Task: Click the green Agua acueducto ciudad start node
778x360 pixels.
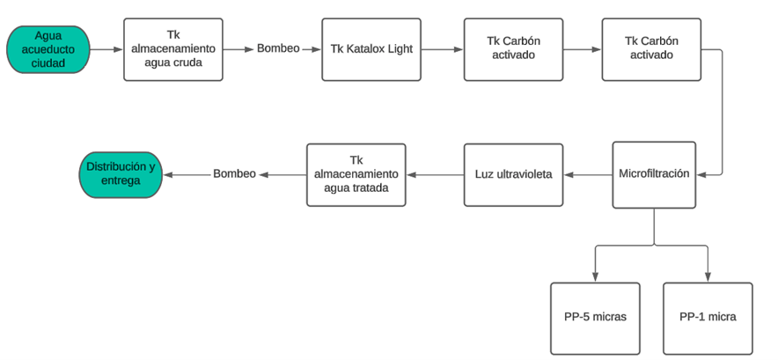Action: [x=48, y=49]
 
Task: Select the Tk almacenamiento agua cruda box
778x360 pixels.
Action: [x=173, y=49]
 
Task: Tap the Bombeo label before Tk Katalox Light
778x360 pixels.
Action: [x=278, y=48]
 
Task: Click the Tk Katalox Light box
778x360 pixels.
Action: [x=371, y=49]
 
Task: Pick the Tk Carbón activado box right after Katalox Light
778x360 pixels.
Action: [x=514, y=49]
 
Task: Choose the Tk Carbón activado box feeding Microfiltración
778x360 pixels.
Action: [x=651, y=49]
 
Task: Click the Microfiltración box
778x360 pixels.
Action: [x=654, y=175]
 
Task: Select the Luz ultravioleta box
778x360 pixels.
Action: [x=514, y=175]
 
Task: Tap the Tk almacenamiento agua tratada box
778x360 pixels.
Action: [x=356, y=175]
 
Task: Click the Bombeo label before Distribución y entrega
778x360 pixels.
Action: [x=235, y=174]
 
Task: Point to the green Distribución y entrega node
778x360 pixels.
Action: [x=121, y=175]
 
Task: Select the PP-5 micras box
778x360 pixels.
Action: [x=596, y=319]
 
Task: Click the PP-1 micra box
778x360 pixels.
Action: [x=708, y=319]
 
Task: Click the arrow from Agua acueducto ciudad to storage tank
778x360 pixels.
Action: [x=106, y=49]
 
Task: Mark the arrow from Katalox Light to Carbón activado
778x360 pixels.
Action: [x=442, y=49]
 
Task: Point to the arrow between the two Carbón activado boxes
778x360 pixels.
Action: [x=583, y=49]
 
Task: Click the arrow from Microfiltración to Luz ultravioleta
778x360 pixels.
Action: [x=588, y=175]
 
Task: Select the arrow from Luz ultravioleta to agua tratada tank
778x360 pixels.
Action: [x=435, y=175]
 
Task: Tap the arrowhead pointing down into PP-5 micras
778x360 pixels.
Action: [x=596, y=277]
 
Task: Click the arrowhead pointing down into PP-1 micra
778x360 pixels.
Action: [x=708, y=277]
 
